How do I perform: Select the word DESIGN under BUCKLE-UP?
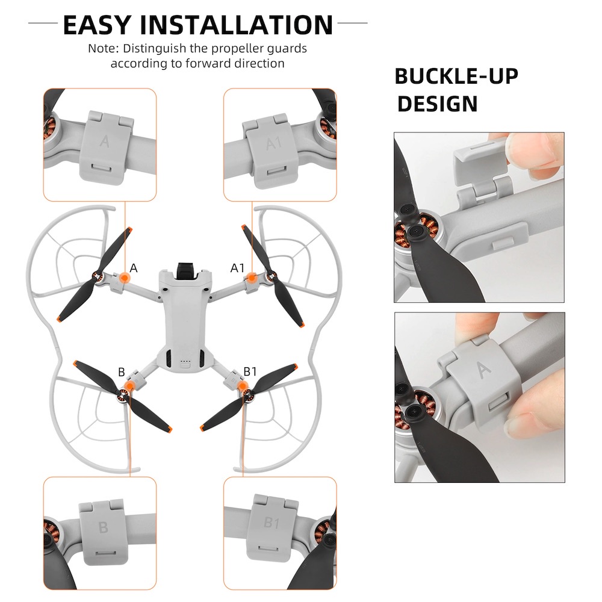click(437, 104)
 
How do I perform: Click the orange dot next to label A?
click(124, 277)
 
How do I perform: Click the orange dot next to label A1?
click(252, 277)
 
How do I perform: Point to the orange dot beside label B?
click(130, 386)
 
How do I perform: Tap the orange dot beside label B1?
click(243, 386)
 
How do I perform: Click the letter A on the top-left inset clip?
click(104, 141)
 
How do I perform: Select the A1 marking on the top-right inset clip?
click(274, 143)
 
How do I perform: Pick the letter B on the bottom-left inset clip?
click(103, 527)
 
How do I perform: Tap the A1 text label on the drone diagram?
click(237, 268)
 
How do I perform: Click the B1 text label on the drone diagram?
click(250, 371)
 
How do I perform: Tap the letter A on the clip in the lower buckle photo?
click(483, 370)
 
